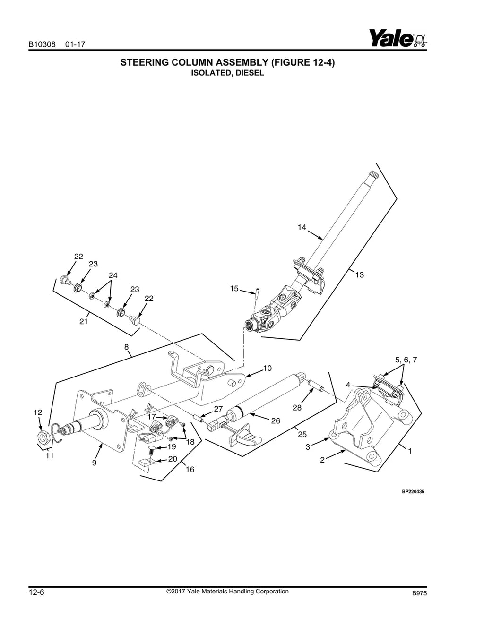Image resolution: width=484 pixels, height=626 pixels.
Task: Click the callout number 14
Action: pyautogui.click(x=302, y=227)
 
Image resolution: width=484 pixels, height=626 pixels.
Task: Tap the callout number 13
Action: pyautogui.click(x=360, y=275)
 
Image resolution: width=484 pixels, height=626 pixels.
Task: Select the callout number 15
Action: pyautogui.click(x=234, y=288)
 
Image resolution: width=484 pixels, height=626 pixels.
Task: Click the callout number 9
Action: pyautogui.click(x=94, y=463)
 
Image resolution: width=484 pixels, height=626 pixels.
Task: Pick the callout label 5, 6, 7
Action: pyautogui.click(x=406, y=360)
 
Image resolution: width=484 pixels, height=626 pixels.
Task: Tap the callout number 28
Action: pyautogui.click(x=297, y=408)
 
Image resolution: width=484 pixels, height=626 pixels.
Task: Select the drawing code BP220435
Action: pyautogui.click(x=413, y=492)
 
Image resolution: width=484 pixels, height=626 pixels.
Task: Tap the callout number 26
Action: pyautogui.click(x=276, y=421)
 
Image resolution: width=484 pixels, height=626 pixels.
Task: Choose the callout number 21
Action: pyautogui.click(x=84, y=321)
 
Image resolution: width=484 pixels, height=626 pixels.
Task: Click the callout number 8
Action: pyautogui.click(x=126, y=347)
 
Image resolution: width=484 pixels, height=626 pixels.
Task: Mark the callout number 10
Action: pyautogui.click(x=268, y=368)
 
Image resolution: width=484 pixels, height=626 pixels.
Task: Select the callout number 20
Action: pyautogui.click(x=173, y=459)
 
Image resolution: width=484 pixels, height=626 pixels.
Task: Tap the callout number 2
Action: pyautogui.click(x=322, y=460)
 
